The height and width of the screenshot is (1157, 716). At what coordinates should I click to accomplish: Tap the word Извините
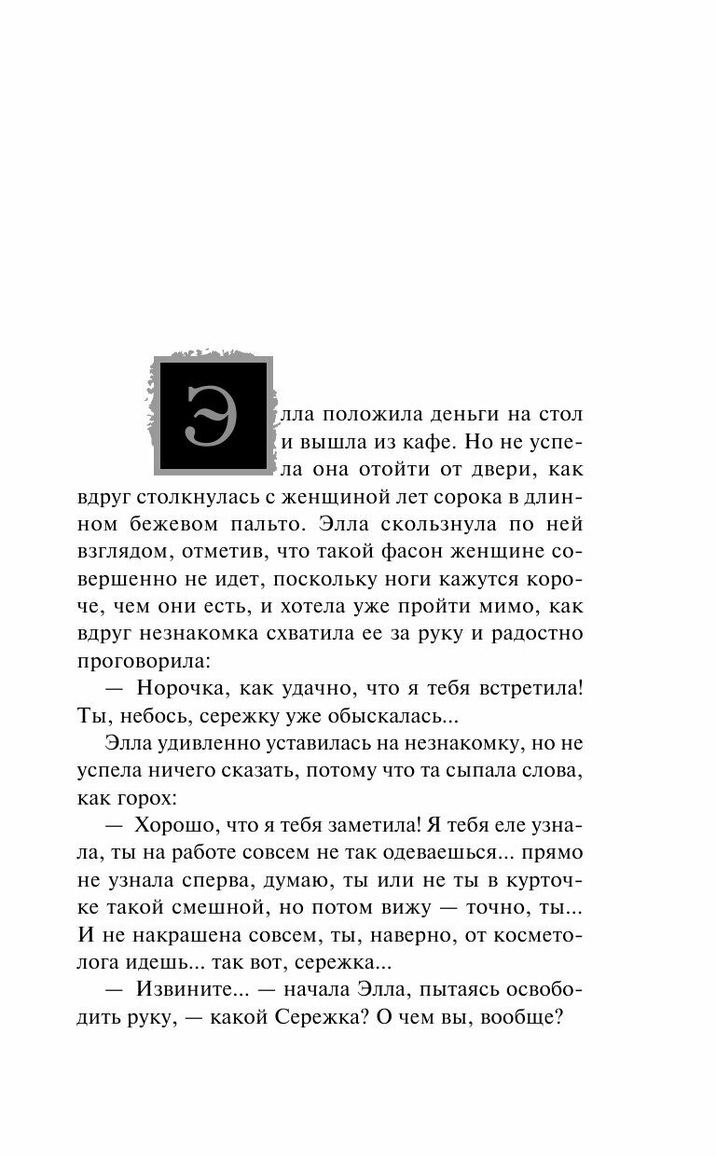tap(186, 991)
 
